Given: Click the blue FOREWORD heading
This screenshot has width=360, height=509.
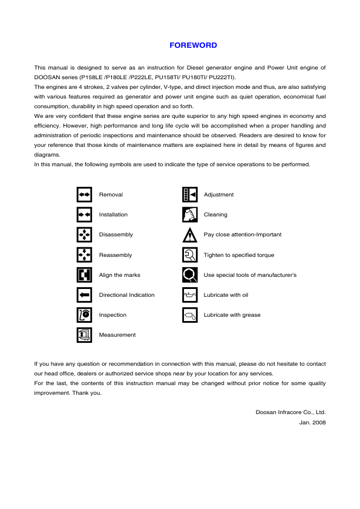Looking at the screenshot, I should tap(193, 45).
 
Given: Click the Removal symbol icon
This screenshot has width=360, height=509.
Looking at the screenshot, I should tap(84, 195).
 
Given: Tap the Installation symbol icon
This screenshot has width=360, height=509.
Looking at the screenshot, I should tap(84, 215).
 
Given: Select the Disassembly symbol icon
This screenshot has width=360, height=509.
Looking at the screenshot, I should tap(84, 235).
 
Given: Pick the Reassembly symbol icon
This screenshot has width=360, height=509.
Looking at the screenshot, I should tap(84, 255).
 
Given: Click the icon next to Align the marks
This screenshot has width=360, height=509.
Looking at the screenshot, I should tap(84, 275).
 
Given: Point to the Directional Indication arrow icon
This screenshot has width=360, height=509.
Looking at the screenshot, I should tap(84, 295).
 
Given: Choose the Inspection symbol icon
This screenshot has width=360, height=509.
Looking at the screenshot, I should tap(84, 315).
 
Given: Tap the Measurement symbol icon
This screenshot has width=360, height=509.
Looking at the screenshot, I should tap(84, 335).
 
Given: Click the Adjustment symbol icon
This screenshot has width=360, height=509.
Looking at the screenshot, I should tap(189, 195).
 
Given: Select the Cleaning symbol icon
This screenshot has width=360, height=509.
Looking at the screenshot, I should tap(189, 215).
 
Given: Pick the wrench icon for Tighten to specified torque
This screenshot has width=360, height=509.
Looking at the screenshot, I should tap(189, 255).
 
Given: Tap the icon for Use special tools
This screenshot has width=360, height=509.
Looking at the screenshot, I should tap(189, 275).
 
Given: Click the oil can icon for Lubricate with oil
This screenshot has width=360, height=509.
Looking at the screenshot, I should tap(189, 295).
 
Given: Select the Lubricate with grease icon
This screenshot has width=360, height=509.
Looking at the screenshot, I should tap(189, 315).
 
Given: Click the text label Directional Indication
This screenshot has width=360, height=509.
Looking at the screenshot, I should tap(126, 295).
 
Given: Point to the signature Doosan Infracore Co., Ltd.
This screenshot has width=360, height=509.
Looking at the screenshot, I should tap(290, 412).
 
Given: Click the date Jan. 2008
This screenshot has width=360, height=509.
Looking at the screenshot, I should tap(312, 422).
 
